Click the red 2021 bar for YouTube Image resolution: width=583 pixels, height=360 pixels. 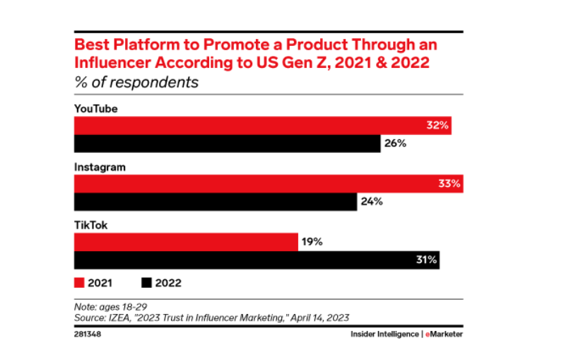[x=261, y=126]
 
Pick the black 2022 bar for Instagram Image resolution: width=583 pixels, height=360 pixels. [x=216, y=202]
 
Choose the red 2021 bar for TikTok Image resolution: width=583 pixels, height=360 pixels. [x=186, y=242]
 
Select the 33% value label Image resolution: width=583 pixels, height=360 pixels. [x=449, y=184]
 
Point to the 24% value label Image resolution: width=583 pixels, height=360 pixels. [x=372, y=202]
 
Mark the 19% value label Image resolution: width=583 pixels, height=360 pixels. [x=312, y=242]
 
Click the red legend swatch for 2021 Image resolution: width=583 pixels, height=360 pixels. [x=79, y=283]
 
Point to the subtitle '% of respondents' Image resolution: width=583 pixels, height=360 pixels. [x=136, y=82]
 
